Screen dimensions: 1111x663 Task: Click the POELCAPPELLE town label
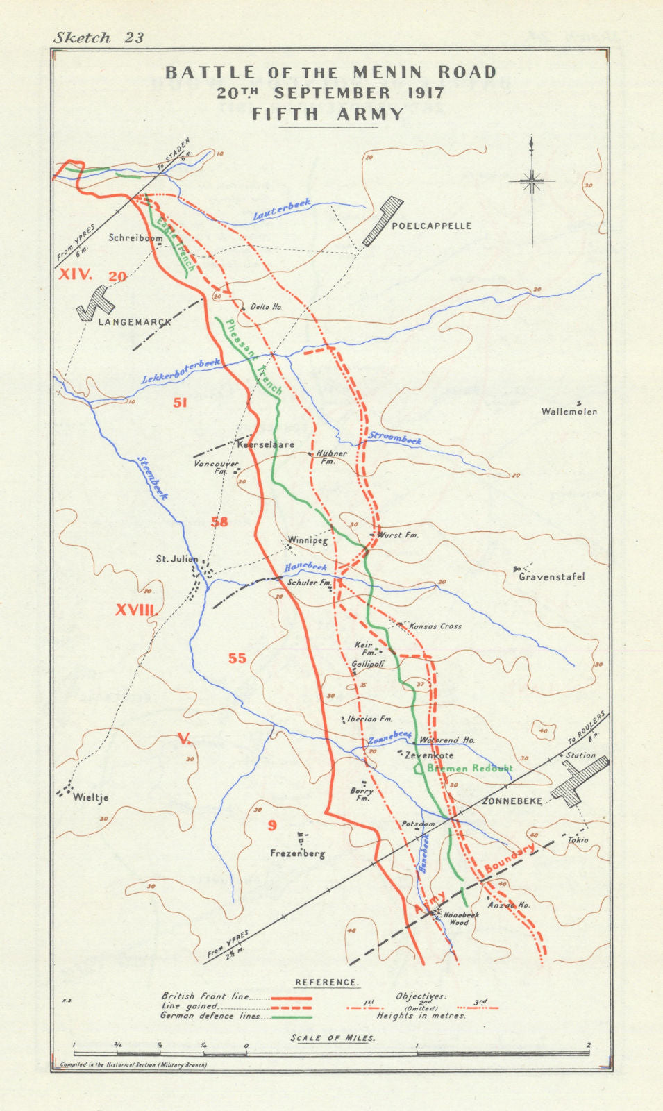click(x=431, y=226)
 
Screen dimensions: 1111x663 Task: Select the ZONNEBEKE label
click(x=512, y=801)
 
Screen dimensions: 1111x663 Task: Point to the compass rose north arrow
click(x=532, y=182)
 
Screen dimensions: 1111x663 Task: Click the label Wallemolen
click(x=569, y=412)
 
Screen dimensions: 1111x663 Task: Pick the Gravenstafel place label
click(x=552, y=576)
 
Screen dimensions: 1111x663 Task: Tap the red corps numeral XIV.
click(x=75, y=274)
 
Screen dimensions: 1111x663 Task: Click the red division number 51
click(x=180, y=402)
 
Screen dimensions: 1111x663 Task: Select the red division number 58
click(x=219, y=521)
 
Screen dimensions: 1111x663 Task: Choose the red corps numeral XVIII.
click(x=137, y=610)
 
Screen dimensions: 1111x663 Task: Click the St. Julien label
click(x=176, y=559)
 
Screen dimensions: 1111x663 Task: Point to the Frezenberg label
click(x=296, y=854)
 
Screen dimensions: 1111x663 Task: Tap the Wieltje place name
click(x=90, y=798)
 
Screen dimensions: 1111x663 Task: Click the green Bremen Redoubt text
click(x=470, y=768)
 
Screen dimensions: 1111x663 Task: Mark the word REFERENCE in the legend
click(x=327, y=983)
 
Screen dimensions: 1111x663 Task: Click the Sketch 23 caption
click(x=99, y=37)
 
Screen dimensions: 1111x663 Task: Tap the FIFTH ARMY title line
click(x=328, y=115)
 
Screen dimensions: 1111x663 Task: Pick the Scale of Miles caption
click(x=333, y=1038)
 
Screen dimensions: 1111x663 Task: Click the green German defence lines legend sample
click(x=291, y=1017)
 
